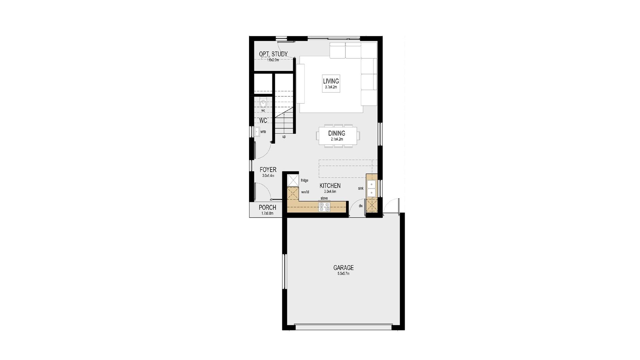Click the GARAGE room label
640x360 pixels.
coord(343,268)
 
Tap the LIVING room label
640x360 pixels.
coord(331,81)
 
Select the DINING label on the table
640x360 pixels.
coord(337,133)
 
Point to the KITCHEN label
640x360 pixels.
coord(330,186)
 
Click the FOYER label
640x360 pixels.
coord(268,170)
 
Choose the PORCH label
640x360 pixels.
coord(267,208)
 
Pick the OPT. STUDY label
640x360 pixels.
coord(273,54)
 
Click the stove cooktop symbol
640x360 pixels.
coord(324,207)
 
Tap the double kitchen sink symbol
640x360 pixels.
coord(371,189)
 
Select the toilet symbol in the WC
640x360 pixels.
coord(263,102)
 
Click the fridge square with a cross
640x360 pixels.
coord(293,180)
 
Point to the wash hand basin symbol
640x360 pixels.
coord(257,132)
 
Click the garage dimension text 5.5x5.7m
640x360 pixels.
coord(343,274)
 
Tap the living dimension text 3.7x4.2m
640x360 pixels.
coord(331,87)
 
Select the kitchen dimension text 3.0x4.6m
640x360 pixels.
coord(330,192)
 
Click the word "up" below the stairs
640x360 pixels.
coord(284,137)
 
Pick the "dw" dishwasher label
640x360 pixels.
coord(361,206)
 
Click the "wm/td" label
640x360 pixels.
coord(305,192)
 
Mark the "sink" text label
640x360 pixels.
coord(361,189)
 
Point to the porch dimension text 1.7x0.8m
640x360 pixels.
coord(267,213)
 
